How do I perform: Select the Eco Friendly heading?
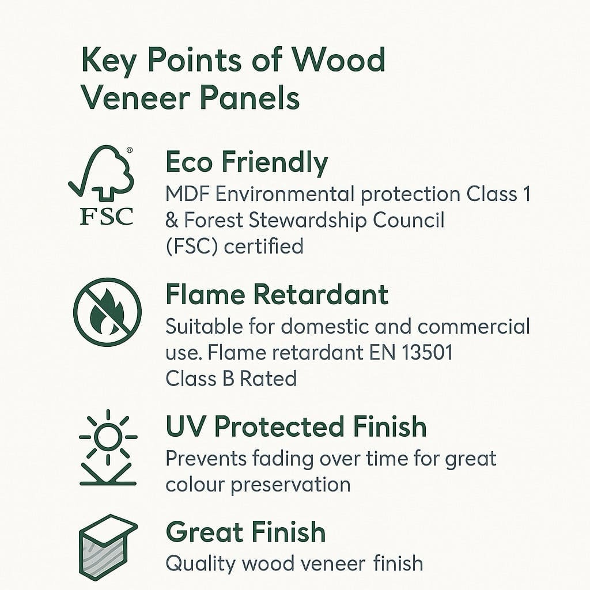[x=247, y=162]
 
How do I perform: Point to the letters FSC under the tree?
[x=107, y=216]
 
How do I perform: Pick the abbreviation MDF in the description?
[x=187, y=194]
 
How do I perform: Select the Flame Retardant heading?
[x=277, y=295]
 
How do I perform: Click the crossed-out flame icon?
[x=107, y=312]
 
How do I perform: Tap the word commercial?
[x=474, y=327]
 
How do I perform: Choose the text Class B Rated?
[x=231, y=379]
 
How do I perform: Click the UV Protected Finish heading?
[x=296, y=427]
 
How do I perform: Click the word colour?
[x=195, y=485]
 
